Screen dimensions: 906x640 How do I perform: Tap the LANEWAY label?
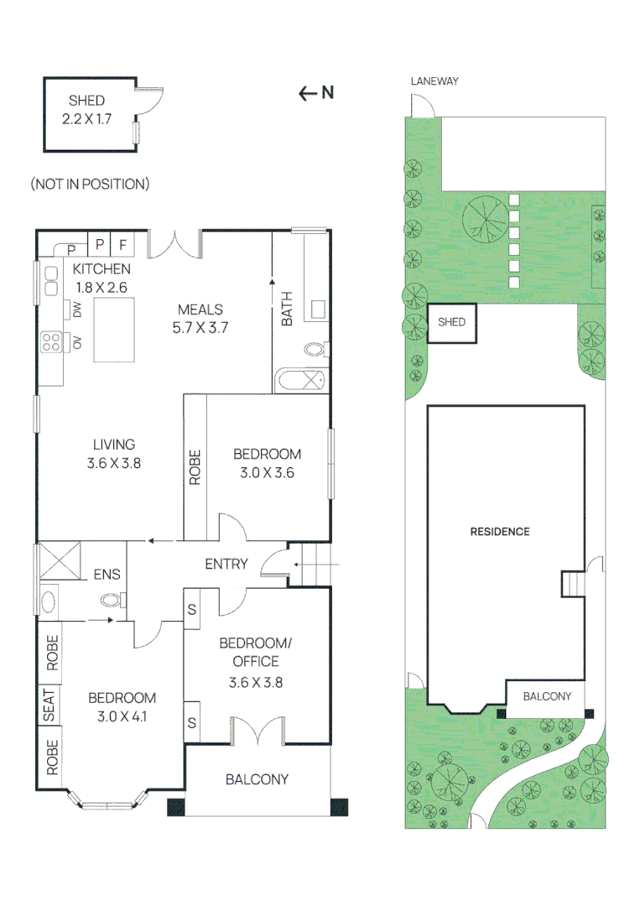[434, 81]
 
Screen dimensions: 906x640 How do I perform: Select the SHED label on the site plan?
[451, 322]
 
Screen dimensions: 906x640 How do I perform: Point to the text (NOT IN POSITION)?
[90, 184]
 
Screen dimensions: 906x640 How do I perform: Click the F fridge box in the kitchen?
[122, 245]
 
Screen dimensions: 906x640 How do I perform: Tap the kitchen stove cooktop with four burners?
[49, 342]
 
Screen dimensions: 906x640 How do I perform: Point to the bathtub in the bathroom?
[300, 380]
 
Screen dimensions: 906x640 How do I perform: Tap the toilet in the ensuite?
[110, 599]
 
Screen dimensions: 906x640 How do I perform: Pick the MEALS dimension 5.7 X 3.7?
[200, 328]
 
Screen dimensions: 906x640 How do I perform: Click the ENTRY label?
[226, 564]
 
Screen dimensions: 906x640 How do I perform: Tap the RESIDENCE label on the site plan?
[499, 531]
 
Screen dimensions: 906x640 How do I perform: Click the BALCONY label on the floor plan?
[257, 779]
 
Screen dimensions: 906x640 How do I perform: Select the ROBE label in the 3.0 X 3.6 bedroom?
[195, 467]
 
